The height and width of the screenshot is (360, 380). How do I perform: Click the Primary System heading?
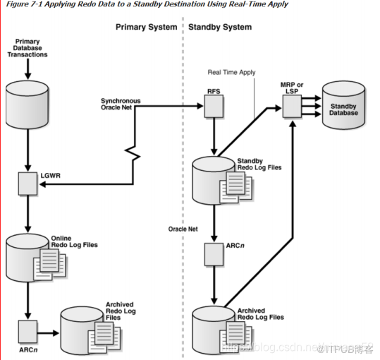(146, 28)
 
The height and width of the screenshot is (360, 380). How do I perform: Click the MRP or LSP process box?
(291, 107)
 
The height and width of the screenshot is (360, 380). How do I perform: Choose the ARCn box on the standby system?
(214, 253)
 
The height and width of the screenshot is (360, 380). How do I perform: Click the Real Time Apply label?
(231, 72)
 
